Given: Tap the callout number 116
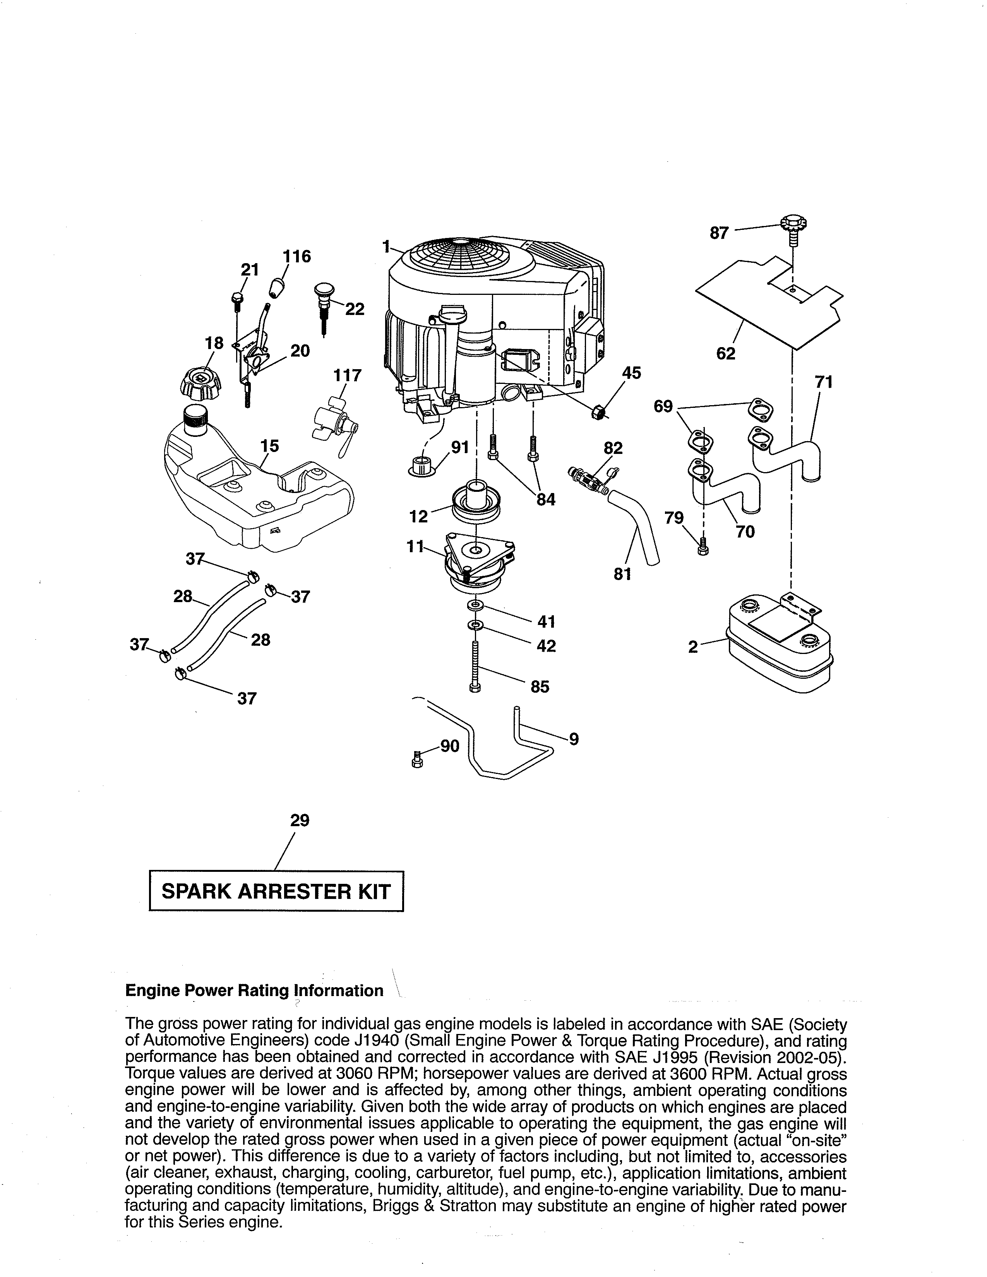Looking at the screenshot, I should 297,257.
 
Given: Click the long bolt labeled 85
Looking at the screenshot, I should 475,667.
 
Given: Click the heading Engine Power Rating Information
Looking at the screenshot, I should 254,991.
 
